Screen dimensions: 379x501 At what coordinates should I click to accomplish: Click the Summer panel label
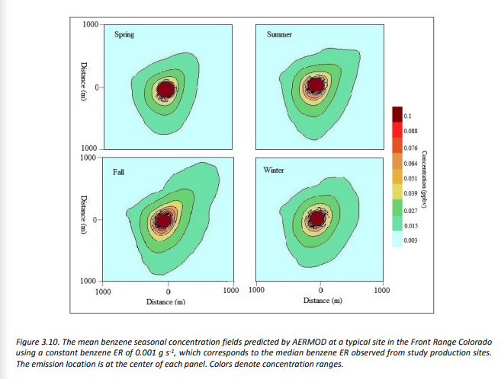pos(279,35)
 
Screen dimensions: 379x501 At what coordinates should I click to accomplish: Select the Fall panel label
pos(119,171)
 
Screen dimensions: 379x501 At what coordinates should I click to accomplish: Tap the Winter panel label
pos(274,170)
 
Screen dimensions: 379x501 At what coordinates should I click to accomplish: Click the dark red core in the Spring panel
pos(165,90)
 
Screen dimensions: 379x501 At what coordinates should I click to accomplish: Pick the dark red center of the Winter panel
pos(316,219)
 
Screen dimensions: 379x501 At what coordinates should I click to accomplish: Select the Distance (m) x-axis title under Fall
pos(165,302)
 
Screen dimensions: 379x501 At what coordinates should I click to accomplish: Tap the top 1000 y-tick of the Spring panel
pos(89,24)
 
